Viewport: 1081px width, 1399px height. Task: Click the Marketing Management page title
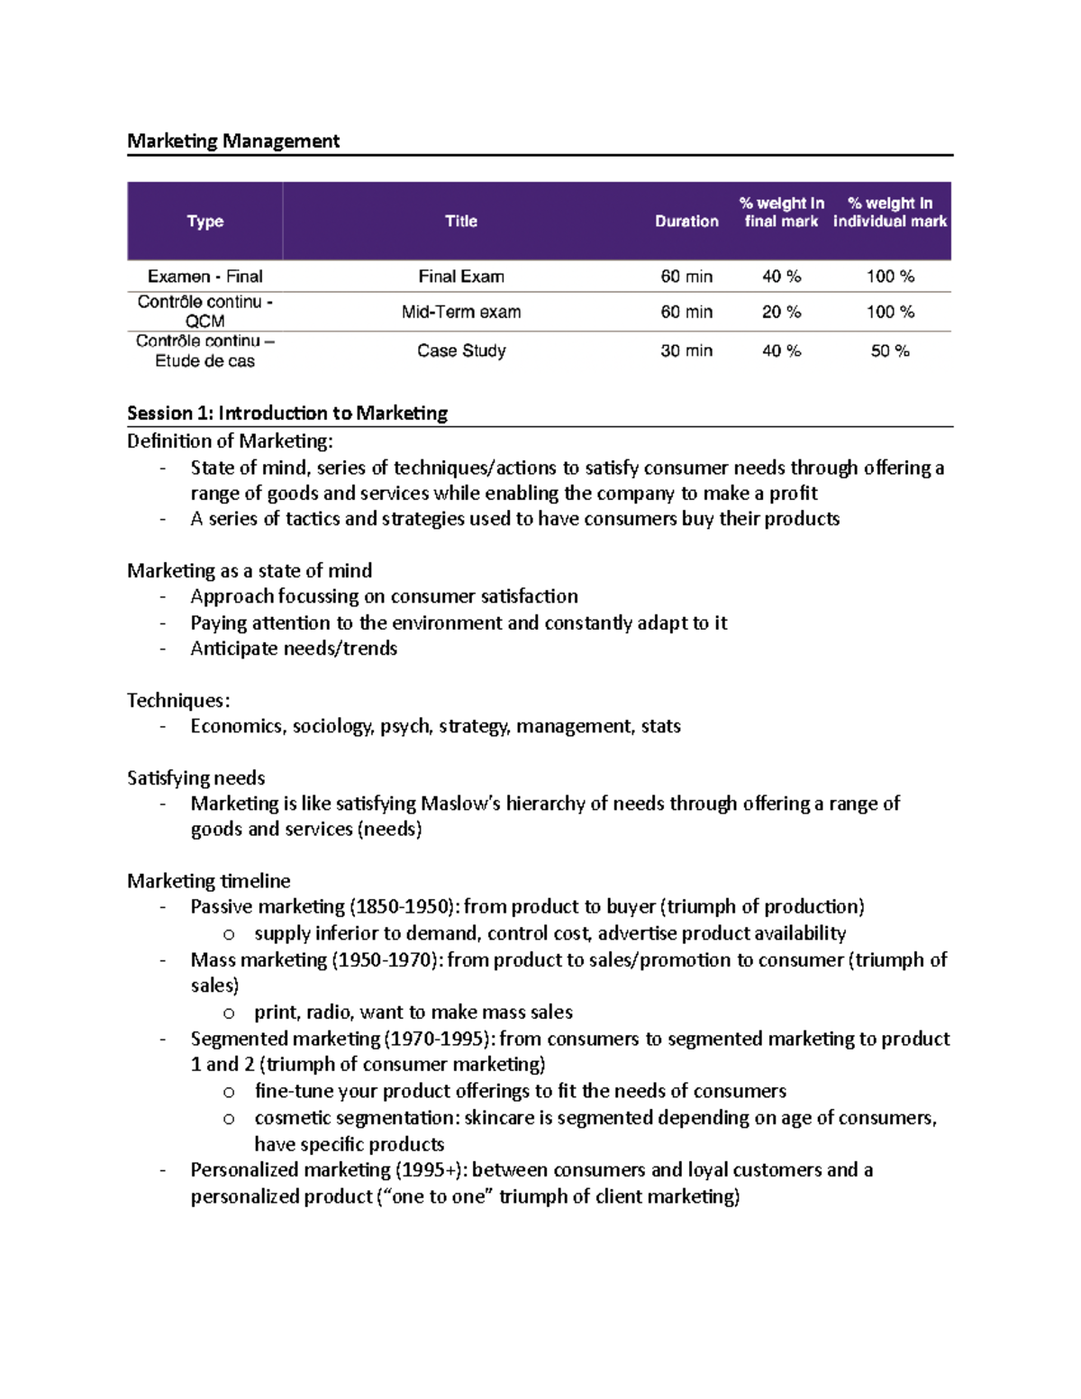click(x=233, y=141)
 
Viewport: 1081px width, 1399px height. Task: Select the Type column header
click(x=204, y=222)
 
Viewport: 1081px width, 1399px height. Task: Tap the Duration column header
click(x=686, y=222)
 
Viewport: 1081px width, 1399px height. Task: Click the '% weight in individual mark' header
click(x=890, y=213)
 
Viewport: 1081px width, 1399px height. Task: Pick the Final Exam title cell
click(x=461, y=277)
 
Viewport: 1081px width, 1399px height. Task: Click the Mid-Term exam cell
click(x=461, y=313)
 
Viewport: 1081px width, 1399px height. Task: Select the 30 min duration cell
click(x=686, y=351)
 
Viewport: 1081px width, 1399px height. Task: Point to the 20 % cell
click(x=781, y=313)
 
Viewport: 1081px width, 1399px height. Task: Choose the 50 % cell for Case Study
click(x=890, y=351)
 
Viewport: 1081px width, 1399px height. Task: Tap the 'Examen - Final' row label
click(x=204, y=277)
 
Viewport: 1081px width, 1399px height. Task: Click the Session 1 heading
click(x=287, y=413)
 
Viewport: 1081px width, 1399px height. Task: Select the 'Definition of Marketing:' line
click(x=230, y=441)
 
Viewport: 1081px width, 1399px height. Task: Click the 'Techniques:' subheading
click(x=178, y=700)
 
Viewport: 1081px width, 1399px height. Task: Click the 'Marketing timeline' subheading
click(x=209, y=881)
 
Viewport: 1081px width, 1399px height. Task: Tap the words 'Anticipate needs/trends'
click(x=294, y=649)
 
